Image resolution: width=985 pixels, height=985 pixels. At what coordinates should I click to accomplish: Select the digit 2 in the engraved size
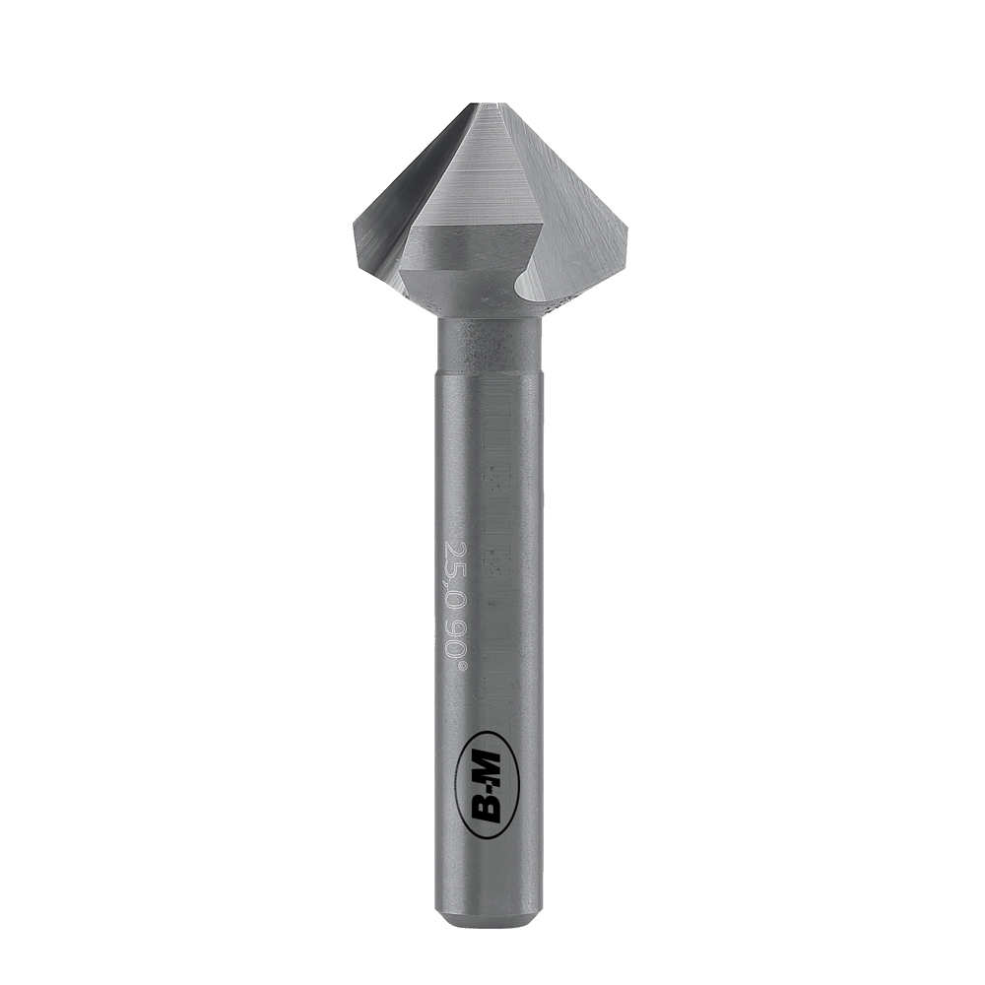455,547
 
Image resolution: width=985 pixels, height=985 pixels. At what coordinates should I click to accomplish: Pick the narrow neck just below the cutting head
490,340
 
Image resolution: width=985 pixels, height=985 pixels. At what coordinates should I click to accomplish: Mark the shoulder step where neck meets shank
490,371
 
